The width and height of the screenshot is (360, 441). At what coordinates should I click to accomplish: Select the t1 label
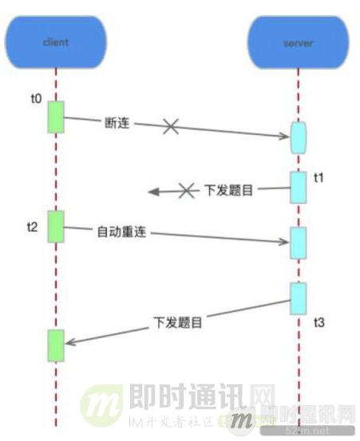click(x=318, y=177)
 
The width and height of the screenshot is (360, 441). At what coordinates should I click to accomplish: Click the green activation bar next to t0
click(x=56, y=117)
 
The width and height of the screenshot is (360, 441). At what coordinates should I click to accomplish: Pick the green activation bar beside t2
click(x=56, y=226)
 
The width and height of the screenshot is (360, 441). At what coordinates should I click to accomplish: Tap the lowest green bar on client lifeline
click(x=56, y=344)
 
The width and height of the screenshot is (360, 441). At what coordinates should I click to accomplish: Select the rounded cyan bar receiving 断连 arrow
click(x=297, y=137)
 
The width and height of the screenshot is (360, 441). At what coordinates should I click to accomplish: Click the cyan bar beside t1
click(x=297, y=188)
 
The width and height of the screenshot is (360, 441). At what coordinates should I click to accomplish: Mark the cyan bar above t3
click(x=297, y=299)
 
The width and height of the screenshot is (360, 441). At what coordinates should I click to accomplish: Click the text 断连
click(x=117, y=124)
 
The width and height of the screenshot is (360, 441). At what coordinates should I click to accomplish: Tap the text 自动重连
click(x=122, y=232)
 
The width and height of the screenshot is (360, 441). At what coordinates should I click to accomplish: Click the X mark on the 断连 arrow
click(x=170, y=126)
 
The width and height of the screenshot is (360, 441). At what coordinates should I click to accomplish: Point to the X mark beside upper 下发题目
click(x=186, y=191)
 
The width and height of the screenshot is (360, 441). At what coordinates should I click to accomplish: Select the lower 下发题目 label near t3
click(x=177, y=323)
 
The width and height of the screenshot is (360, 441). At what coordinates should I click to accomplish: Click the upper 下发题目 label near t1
click(x=231, y=190)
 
